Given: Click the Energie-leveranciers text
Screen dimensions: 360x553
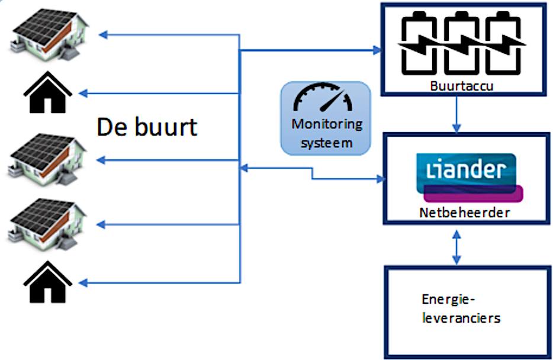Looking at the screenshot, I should [x=461, y=308].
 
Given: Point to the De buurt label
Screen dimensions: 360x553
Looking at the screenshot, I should [x=147, y=127].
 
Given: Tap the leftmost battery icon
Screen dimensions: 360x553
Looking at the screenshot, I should [x=419, y=46].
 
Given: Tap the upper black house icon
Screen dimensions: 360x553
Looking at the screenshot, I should [x=47, y=93].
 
